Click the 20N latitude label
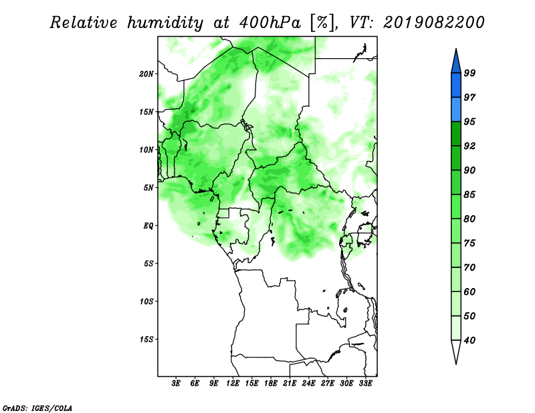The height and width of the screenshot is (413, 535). tap(146, 74)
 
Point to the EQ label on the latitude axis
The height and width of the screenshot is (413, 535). tap(148, 225)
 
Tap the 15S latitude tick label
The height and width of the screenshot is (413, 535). tap(146, 339)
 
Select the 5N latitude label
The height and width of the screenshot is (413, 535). tap(148, 188)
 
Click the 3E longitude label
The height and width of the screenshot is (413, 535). tap(176, 384)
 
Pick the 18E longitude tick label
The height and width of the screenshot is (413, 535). tap(271, 384)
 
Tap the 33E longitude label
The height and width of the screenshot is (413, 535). tap(365, 384)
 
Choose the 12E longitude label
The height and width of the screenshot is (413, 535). tap(233, 384)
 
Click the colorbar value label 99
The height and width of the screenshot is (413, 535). tap(469, 73)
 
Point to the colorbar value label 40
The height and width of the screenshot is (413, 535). tap(469, 340)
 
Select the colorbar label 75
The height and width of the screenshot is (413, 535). tap(469, 243)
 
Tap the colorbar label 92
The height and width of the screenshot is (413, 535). tap(469, 146)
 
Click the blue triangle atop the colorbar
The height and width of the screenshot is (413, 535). tap(456, 63)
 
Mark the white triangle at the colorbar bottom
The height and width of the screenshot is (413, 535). tap(456, 350)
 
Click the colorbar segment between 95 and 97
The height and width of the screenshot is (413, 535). tap(456, 110)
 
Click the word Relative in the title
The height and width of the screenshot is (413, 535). tap(83, 23)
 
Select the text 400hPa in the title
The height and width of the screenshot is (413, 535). tap(270, 23)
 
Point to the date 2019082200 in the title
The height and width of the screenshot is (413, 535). tap(433, 23)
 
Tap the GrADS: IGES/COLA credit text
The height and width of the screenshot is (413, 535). tap(37, 408)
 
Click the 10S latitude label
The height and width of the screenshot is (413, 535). tap(146, 301)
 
